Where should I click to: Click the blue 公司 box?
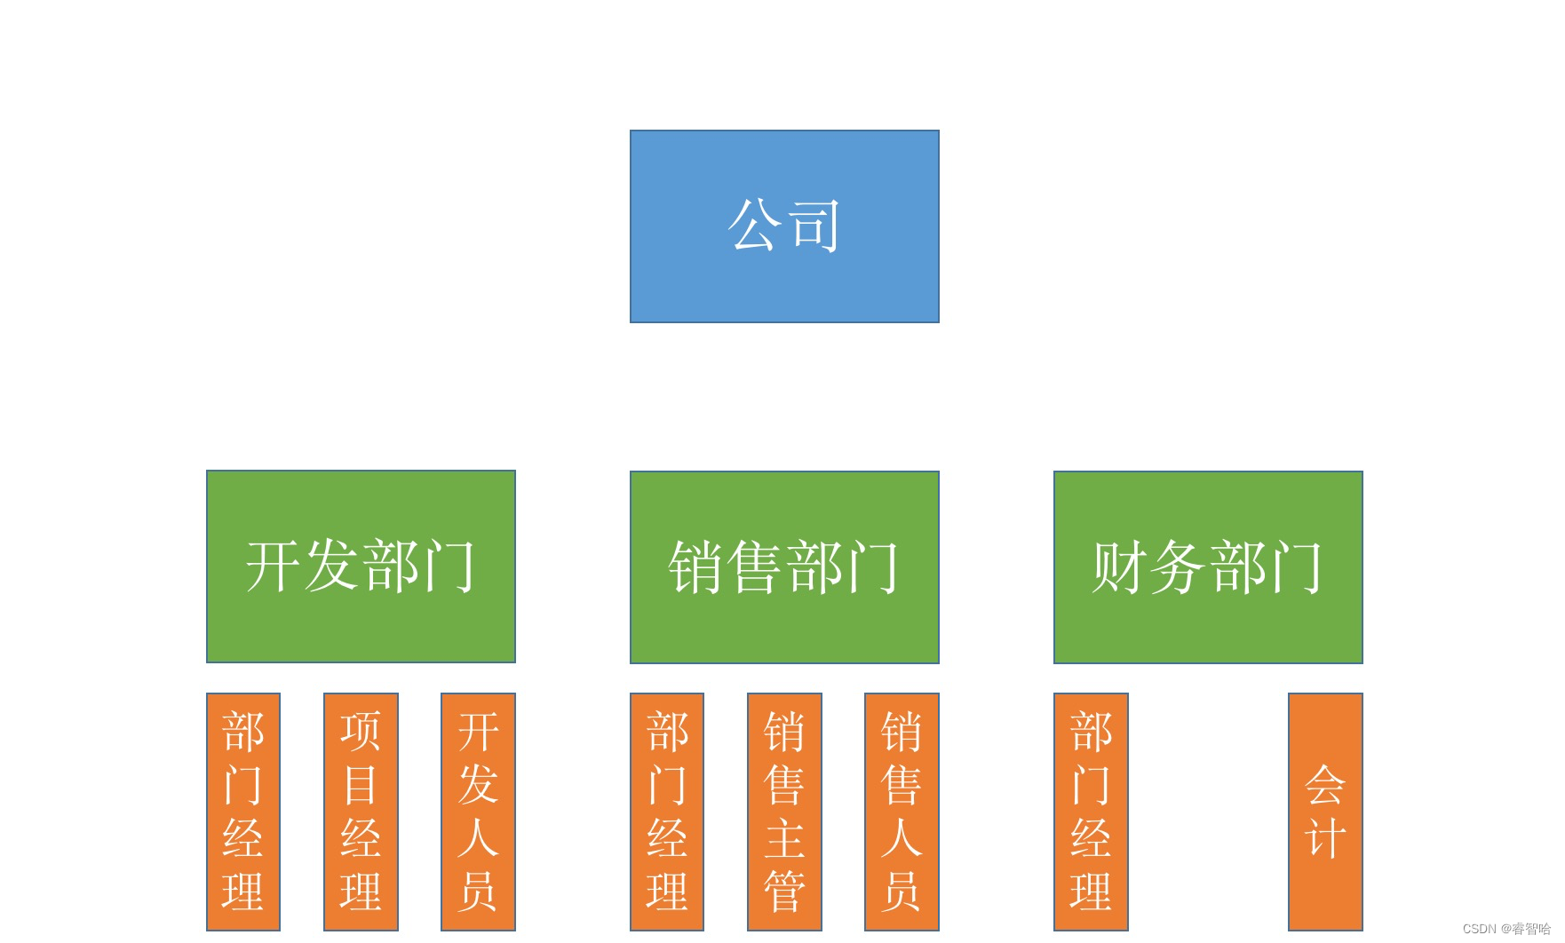(784, 226)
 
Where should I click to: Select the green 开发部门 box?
(361, 567)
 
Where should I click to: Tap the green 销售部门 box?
(784, 567)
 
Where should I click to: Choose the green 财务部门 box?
(1208, 567)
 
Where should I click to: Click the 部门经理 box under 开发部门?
(243, 812)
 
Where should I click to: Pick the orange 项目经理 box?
(361, 812)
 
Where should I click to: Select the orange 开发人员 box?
(478, 812)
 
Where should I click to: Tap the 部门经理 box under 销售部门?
(667, 812)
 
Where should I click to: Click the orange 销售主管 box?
(784, 812)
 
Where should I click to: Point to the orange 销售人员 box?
(902, 812)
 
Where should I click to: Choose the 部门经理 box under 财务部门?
(1091, 812)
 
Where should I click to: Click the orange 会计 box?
(1325, 812)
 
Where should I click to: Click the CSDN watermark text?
(1505, 929)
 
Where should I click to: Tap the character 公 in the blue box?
(756, 226)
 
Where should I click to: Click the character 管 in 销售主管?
(784, 891)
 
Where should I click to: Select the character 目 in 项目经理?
(361, 785)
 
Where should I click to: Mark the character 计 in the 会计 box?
(1325, 838)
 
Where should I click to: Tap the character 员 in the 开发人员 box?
(478, 891)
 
